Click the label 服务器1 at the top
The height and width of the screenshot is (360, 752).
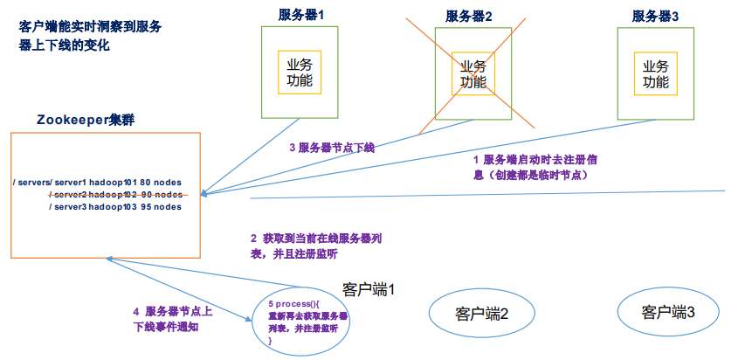[x=300, y=16]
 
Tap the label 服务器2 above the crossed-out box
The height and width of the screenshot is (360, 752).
[x=469, y=16]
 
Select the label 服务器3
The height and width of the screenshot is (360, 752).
[x=656, y=16]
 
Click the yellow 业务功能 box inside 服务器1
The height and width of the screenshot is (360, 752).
[x=300, y=73]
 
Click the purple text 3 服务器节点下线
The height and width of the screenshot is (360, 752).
[x=332, y=148]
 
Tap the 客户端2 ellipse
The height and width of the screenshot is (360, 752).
[x=481, y=312]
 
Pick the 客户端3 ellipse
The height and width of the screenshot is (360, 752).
[x=668, y=311]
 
